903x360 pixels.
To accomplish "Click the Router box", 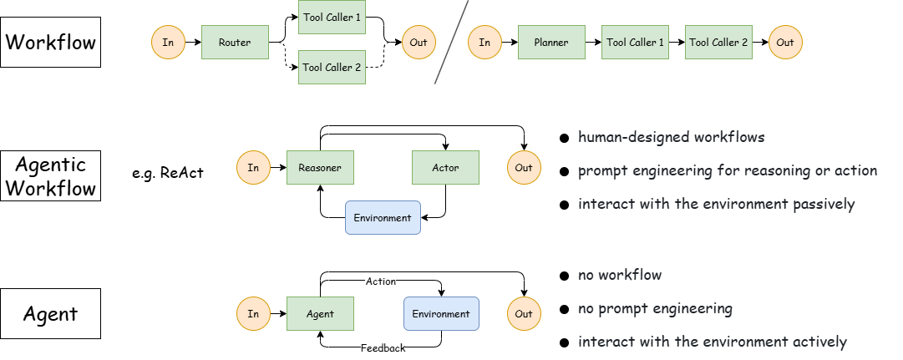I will click(x=235, y=43).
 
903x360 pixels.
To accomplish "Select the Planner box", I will click(x=551, y=43).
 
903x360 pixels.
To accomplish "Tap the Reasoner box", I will click(x=320, y=168).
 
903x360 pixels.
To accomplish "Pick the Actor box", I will click(x=446, y=168).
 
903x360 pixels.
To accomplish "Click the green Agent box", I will click(x=320, y=314).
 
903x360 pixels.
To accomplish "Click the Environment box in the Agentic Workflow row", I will click(x=383, y=218).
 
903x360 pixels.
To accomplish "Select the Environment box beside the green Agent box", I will click(x=441, y=314).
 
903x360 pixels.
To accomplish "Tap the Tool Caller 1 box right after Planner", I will click(x=635, y=43).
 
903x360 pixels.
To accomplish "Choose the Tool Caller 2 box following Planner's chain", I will click(x=718, y=43).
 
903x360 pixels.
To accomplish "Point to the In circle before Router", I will click(x=168, y=43).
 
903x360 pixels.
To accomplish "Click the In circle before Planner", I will click(x=484, y=43).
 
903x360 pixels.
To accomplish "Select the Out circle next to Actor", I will click(x=524, y=168).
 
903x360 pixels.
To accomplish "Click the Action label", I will click(x=381, y=281).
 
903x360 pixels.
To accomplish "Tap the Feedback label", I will click(x=383, y=347).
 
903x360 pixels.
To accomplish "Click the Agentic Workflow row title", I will click(x=50, y=176).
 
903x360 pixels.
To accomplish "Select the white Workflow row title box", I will click(x=50, y=42).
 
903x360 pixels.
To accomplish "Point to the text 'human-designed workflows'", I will click(x=672, y=136).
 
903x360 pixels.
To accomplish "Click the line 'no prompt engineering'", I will click(x=655, y=308).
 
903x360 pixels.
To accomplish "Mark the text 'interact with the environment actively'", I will click(x=713, y=341).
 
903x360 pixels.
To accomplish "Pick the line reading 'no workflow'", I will click(x=620, y=274).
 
